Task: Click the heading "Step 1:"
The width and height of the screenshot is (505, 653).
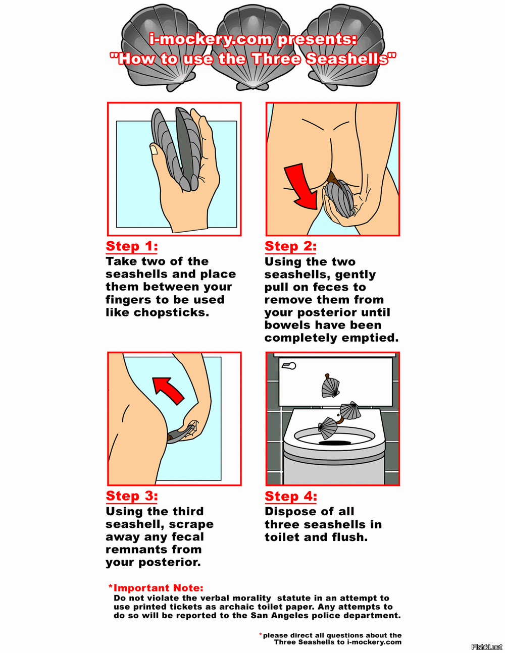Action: coord(132,246)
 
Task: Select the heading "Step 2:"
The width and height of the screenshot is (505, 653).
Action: coord(290,246)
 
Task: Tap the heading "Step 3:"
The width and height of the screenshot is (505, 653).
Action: coord(132,496)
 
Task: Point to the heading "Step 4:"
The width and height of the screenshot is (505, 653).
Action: coord(291,496)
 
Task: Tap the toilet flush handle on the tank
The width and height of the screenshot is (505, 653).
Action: coord(289,365)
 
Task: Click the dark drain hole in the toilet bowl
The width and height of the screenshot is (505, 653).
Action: coord(334,443)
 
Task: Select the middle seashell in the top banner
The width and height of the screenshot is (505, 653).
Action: coord(252,46)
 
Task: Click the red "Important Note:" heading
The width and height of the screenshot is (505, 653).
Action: coord(156,587)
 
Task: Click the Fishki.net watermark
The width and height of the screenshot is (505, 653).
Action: coord(487,646)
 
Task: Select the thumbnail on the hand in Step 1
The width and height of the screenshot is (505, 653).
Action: coord(154,149)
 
